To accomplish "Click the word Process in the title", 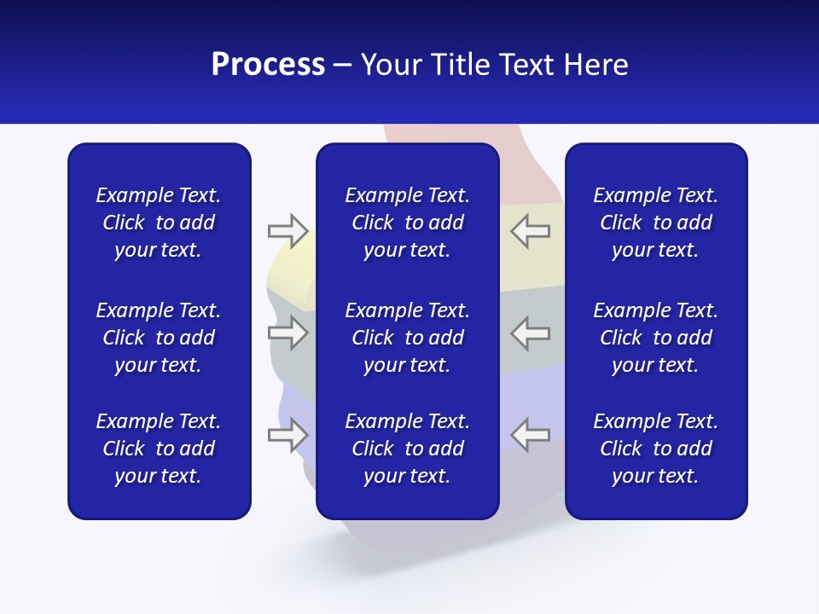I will (x=268, y=65).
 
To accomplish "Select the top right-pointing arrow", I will (x=288, y=230).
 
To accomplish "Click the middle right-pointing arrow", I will (x=288, y=333).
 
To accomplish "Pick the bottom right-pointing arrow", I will (x=288, y=435).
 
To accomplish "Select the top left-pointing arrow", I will (x=530, y=230).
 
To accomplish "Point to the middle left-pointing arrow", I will (x=530, y=333).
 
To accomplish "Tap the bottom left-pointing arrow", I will (x=530, y=435).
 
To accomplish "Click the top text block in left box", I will (x=158, y=223).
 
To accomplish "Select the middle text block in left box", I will (x=158, y=338).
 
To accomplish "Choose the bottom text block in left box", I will (x=158, y=449).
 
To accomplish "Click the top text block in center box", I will (x=407, y=223).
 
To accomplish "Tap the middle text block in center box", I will (x=407, y=338).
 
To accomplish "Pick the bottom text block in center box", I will (x=407, y=449).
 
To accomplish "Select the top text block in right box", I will (x=655, y=223).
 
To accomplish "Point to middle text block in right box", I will (x=655, y=338).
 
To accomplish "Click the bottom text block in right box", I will (x=655, y=449).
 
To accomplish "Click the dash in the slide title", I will (x=343, y=66).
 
